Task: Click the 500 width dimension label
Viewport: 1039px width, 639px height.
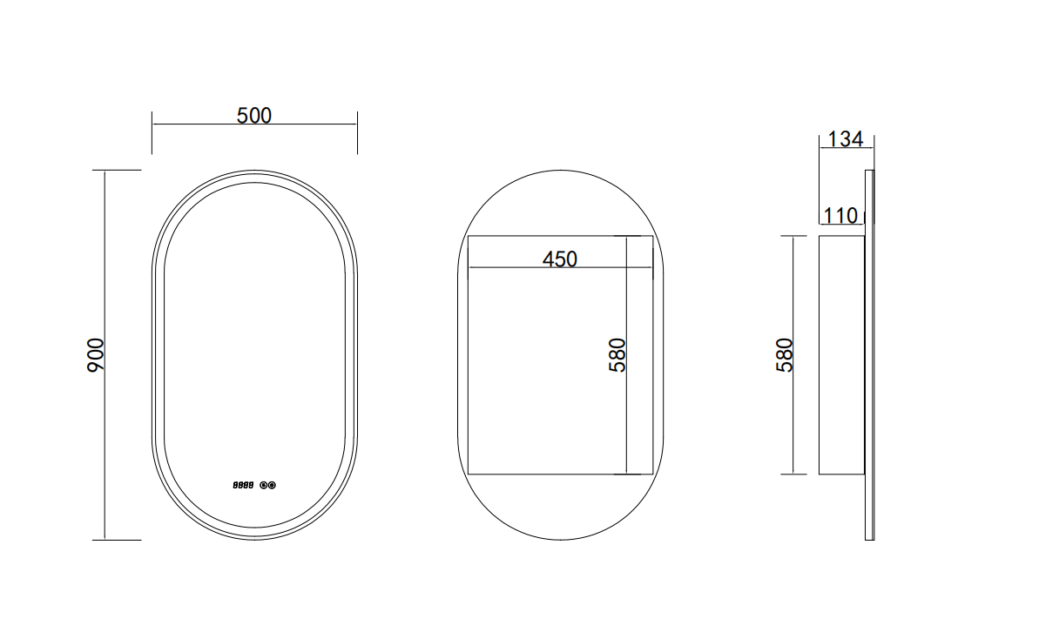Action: point(254,115)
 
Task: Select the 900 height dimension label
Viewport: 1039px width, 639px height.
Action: point(96,355)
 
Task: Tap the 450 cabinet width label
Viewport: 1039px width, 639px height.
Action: point(559,259)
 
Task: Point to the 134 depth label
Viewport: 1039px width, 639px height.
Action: point(845,139)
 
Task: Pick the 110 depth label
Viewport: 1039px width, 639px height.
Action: point(840,215)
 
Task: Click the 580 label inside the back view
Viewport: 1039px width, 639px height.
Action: point(617,355)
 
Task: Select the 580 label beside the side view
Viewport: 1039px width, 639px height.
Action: point(785,355)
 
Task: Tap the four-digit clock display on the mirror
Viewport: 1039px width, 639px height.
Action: point(243,485)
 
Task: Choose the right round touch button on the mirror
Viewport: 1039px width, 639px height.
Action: point(272,485)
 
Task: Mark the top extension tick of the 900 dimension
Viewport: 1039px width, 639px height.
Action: point(117,170)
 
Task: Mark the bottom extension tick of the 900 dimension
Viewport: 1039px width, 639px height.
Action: point(117,540)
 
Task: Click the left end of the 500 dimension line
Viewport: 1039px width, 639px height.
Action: point(152,124)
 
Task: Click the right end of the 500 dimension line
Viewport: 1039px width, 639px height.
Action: point(357,124)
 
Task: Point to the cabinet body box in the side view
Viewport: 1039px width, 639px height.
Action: point(841,355)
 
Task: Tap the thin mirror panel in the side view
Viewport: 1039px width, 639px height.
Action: point(869,355)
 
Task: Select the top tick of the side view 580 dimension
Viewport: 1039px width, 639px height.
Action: point(793,236)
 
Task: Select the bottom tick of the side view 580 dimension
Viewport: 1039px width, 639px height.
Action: point(793,474)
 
